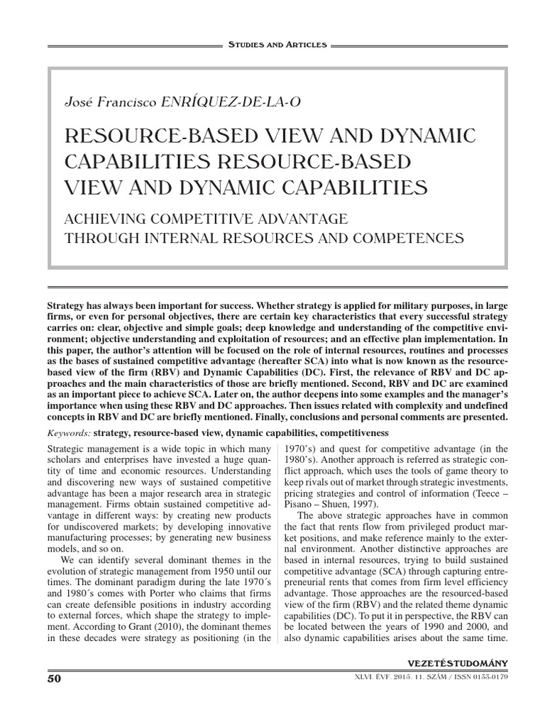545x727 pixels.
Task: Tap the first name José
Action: pos(79,102)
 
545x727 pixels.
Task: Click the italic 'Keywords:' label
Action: pos(68,432)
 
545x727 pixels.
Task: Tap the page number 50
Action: pos(55,678)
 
